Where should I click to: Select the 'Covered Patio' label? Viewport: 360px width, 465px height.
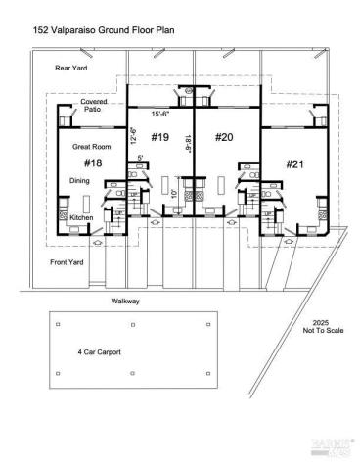coord(94,105)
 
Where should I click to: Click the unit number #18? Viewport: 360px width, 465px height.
coord(94,163)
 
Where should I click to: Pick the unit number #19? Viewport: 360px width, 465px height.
coord(160,137)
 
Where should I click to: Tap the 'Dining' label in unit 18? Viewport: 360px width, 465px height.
coord(80,181)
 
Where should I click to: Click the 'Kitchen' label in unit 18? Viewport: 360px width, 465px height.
coord(81,217)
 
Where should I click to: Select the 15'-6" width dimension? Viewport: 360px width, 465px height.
coord(161,115)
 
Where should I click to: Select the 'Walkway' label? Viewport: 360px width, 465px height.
coord(125,301)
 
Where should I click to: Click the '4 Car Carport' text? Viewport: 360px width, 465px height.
coord(99,351)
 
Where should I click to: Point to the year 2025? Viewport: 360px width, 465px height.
coord(320,322)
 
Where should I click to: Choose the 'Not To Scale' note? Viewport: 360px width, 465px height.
coord(319,331)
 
